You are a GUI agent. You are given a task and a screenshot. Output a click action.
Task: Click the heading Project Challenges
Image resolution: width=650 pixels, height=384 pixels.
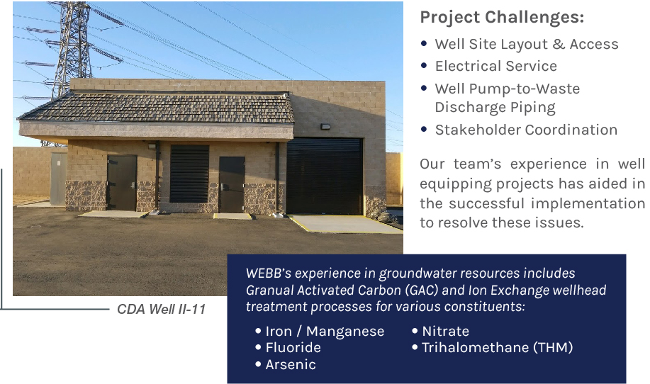click(x=502, y=18)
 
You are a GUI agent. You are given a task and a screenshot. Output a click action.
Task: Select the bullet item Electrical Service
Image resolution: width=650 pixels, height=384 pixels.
click(x=495, y=66)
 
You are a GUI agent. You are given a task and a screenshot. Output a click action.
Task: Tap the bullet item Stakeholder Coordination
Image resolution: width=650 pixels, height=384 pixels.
click(x=526, y=130)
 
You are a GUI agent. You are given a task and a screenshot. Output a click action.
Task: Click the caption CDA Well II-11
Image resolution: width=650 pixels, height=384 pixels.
click(x=161, y=309)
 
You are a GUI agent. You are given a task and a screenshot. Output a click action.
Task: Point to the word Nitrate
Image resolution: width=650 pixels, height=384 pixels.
click(x=446, y=331)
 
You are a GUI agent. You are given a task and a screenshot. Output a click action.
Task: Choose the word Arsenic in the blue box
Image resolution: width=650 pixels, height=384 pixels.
click(x=291, y=365)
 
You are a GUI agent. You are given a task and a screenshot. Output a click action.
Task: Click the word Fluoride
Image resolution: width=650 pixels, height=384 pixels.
click(x=293, y=348)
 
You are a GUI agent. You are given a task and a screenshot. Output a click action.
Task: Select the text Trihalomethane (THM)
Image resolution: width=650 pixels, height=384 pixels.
click(x=498, y=348)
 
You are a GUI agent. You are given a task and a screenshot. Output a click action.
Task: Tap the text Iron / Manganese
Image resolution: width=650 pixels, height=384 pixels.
click(x=325, y=331)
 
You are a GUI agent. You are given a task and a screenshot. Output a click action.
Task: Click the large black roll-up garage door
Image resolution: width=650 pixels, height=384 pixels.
click(x=325, y=177)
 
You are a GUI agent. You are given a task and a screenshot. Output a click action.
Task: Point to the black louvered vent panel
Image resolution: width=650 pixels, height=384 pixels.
click(x=189, y=174)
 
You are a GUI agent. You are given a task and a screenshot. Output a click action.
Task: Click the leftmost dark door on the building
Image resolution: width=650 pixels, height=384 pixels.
click(x=122, y=183)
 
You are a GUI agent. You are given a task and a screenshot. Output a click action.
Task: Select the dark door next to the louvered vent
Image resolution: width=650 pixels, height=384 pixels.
click(x=232, y=185)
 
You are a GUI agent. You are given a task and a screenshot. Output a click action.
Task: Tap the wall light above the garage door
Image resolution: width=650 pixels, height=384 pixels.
click(x=325, y=126)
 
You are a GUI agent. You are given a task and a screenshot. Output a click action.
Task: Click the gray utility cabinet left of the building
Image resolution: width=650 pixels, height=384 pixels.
click(x=58, y=179)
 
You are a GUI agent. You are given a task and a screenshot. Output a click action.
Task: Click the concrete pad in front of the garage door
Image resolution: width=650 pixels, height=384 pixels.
click(x=343, y=224)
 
